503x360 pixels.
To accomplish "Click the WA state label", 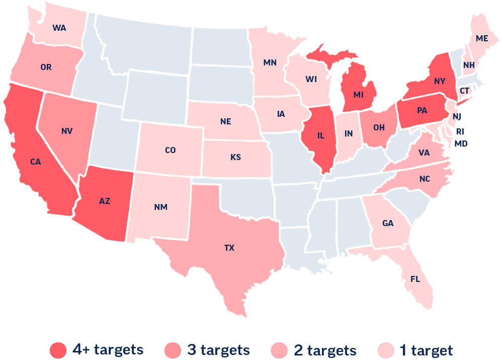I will point(59,28).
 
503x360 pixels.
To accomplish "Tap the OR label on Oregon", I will point(46,67).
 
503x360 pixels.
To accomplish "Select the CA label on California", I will point(35,162).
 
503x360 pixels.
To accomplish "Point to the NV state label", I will point(67,131).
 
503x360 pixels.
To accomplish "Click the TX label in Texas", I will point(229,247).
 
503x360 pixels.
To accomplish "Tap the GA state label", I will point(388,223).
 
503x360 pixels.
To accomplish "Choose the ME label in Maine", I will point(482,39).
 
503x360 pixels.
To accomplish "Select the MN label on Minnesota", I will point(270,63).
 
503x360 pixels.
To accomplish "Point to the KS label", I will point(235,158).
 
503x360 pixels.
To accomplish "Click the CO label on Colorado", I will point(171,150).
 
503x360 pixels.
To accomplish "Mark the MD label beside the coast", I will point(461,143).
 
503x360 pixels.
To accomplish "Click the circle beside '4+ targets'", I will point(59,350).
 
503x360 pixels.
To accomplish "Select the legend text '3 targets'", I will point(218,349).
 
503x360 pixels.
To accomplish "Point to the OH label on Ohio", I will point(379,127).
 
